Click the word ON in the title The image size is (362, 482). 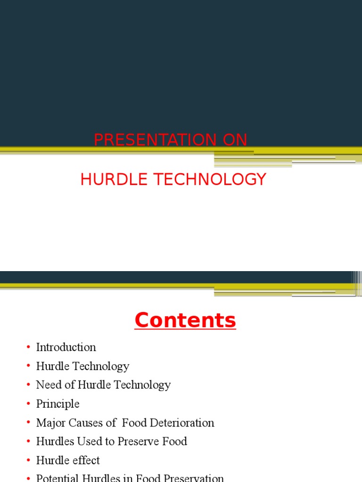coord(235,140)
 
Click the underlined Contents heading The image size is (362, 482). coord(185,321)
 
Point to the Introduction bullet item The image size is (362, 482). coord(66,347)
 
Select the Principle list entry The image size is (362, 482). coord(58,404)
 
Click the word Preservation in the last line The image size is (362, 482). coord(193,478)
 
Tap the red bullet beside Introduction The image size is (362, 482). coord(29,347)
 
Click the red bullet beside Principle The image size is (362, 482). coord(29,404)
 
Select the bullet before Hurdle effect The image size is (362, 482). coord(29,460)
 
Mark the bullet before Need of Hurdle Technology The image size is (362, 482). coord(29,385)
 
